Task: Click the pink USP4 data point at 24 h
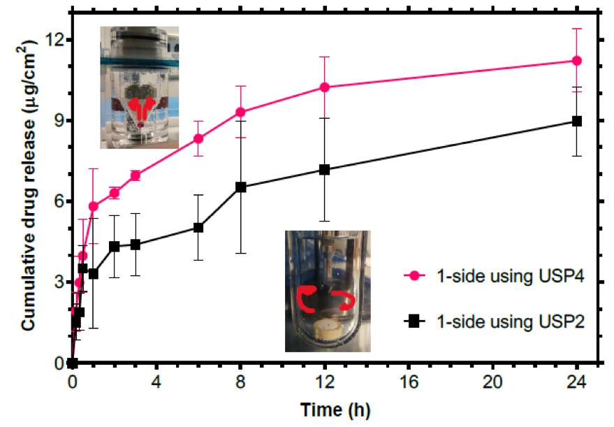pyautogui.click(x=577, y=61)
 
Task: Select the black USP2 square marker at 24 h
pyautogui.click(x=577, y=121)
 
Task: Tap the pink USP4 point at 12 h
pyautogui.click(x=325, y=87)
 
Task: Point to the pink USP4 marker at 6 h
pyautogui.click(x=198, y=138)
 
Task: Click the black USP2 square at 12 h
pyautogui.click(x=325, y=170)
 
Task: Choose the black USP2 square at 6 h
pyautogui.click(x=198, y=227)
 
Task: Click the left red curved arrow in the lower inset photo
pyautogui.click(x=305, y=298)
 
